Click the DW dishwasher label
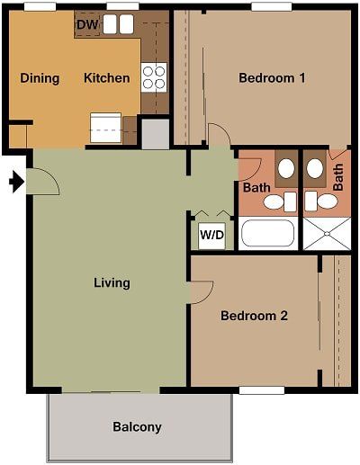click(87, 24)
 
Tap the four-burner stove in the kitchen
click(154, 77)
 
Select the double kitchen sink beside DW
click(117, 24)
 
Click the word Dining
click(40, 78)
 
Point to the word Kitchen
click(106, 78)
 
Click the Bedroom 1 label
click(272, 78)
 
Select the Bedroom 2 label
click(254, 316)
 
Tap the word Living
click(112, 282)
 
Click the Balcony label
click(137, 426)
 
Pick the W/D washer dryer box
click(211, 236)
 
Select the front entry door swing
click(43, 180)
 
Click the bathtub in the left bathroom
click(267, 235)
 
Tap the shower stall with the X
click(320, 233)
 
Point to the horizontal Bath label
click(256, 188)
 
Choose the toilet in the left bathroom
click(274, 201)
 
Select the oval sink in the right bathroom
click(314, 168)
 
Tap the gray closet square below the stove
click(155, 134)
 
